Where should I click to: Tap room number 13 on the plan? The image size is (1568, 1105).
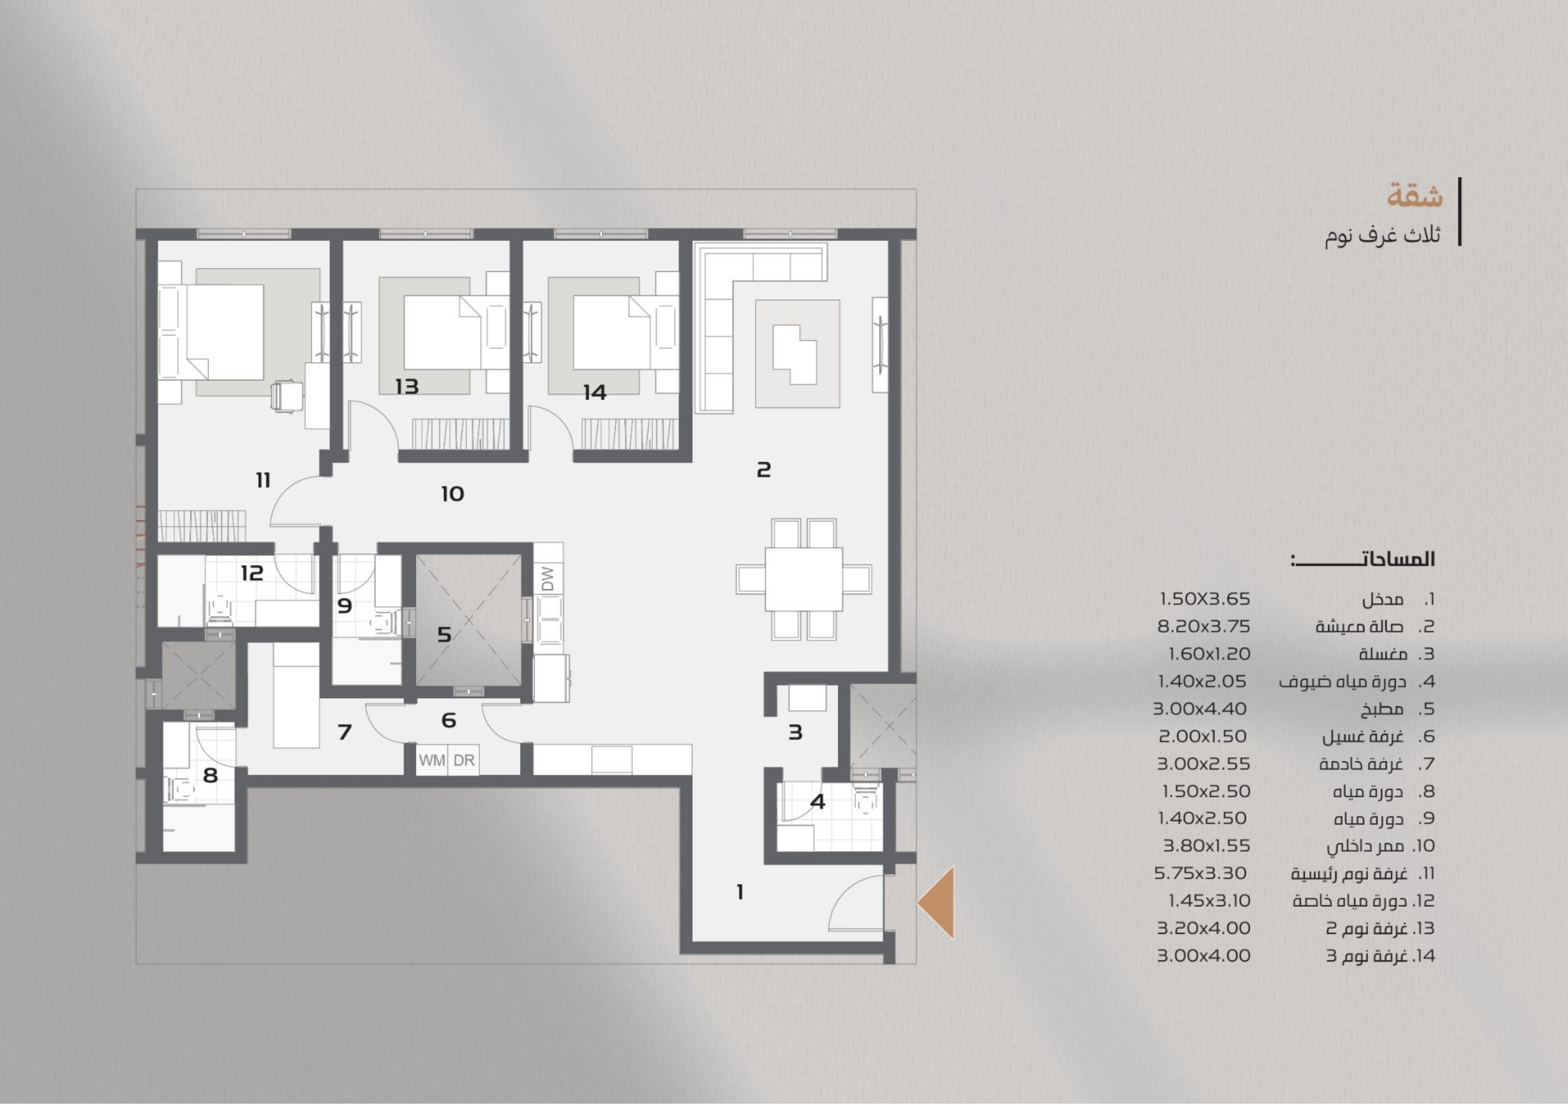pyautogui.click(x=407, y=386)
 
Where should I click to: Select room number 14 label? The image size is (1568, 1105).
pyautogui.click(x=594, y=393)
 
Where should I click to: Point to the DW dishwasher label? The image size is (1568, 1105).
pyautogui.click(x=547, y=579)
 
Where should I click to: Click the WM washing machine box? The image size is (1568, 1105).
pyautogui.click(x=432, y=760)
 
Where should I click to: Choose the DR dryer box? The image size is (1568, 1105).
pyautogui.click(x=464, y=760)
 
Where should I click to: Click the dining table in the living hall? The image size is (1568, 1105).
pyautogui.click(x=804, y=579)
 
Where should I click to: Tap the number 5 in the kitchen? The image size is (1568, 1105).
pyautogui.click(x=444, y=635)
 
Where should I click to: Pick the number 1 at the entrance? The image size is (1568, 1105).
pyautogui.click(x=740, y=892)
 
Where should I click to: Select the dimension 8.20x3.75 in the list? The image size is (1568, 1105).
pyautogui.click(x=1203, y=626)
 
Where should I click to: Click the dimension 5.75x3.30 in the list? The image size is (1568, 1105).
pyautogui.click(x=1200, y=873)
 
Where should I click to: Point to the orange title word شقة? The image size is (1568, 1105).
pyautogui.click(x=1415, y=196)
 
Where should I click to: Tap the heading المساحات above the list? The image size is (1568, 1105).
pyautogui.click(x=1363, y=560)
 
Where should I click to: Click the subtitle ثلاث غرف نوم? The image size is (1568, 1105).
pyautogui.click(x=1383, y=235)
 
